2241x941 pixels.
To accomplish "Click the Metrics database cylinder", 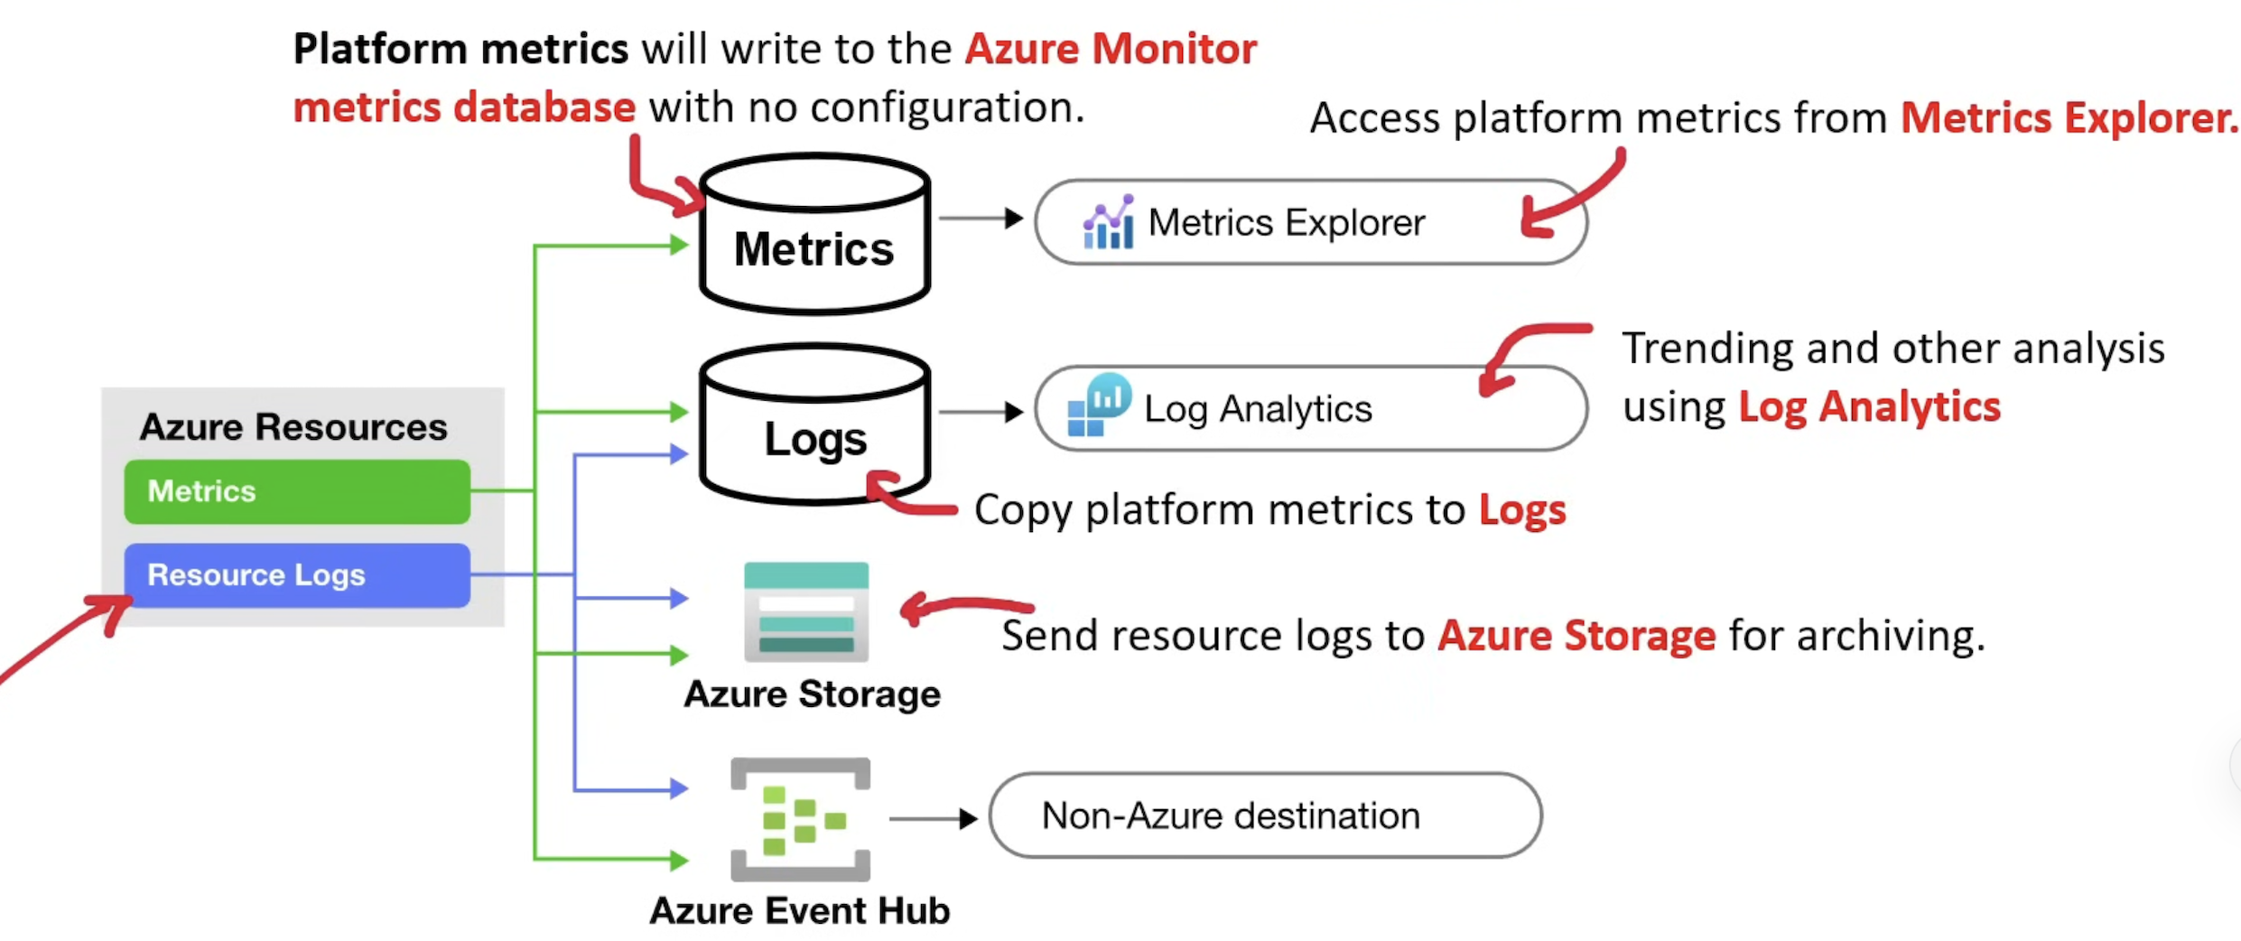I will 814,235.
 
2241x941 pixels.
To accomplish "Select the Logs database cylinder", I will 814,424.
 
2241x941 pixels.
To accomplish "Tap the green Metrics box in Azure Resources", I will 297,491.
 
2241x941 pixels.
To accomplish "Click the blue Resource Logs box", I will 297,575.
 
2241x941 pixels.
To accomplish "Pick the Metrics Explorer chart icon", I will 1108,222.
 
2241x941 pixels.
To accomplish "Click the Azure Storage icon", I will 805,611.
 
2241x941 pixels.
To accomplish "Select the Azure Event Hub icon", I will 800,818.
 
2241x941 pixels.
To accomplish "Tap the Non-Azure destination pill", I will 1265,815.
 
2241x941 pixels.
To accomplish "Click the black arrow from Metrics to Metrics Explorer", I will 981,219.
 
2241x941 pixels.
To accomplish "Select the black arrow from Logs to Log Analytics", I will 981,413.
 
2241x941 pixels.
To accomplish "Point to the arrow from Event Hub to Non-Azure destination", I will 934,819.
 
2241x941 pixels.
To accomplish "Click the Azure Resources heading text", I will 293,427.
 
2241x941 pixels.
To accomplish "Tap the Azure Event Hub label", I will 800,910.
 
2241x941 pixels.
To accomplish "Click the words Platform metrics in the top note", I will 460,49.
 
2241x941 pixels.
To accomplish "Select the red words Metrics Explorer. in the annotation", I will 2069,118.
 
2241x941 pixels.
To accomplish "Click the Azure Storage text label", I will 812,694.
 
